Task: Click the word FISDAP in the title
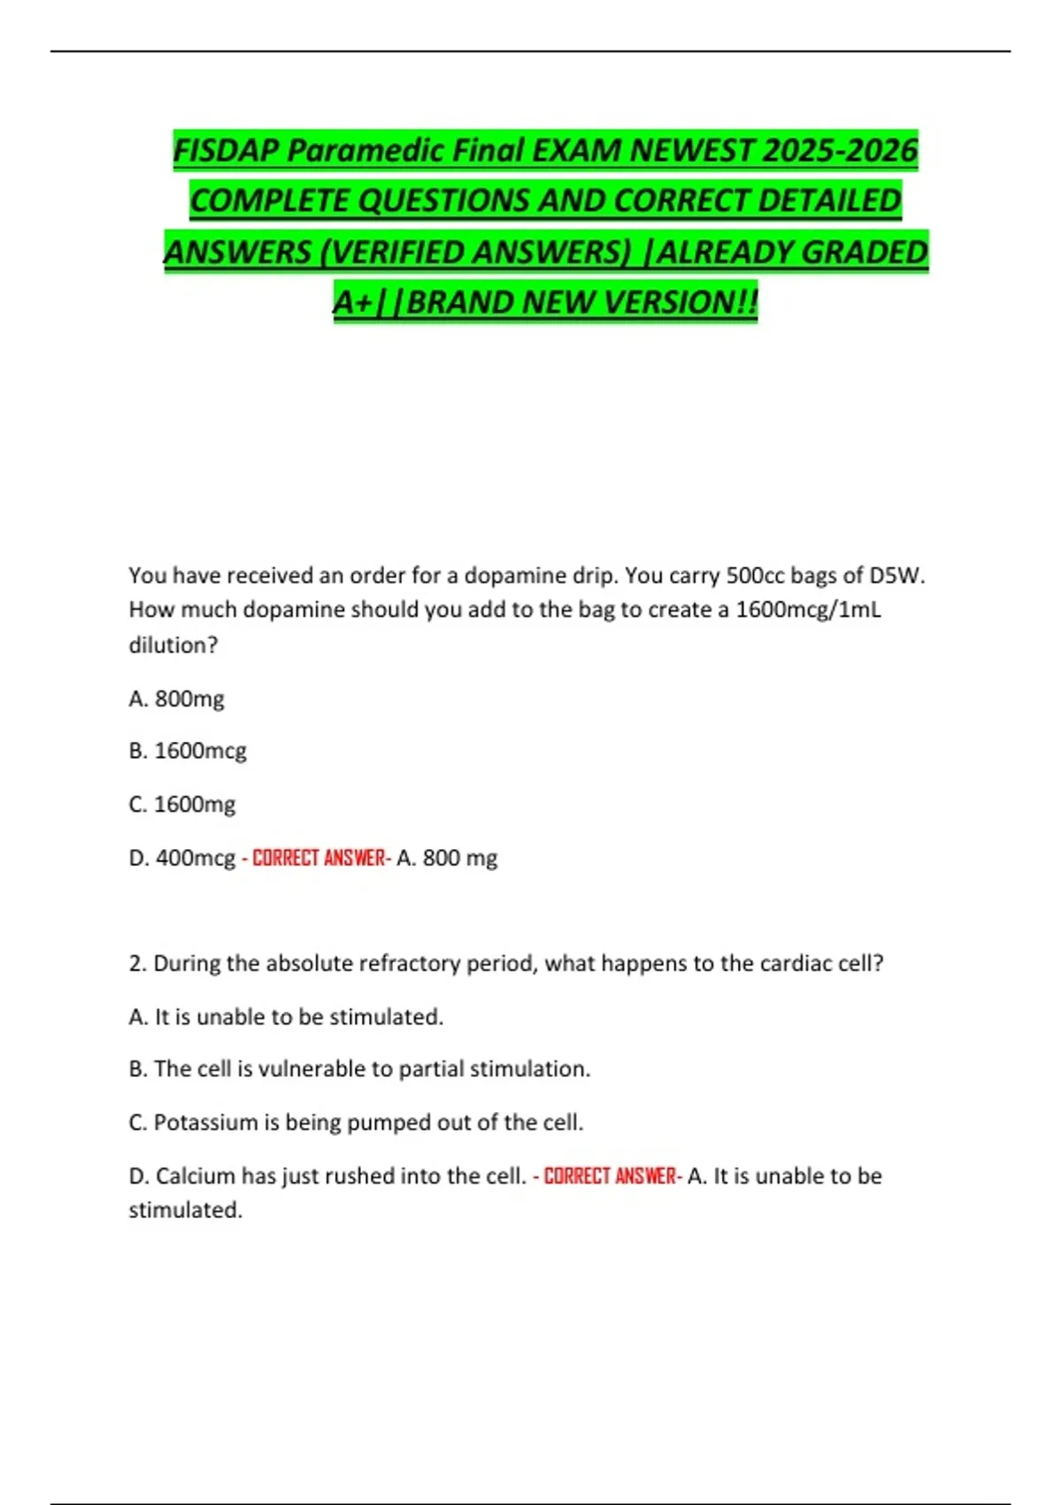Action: pos(226,150)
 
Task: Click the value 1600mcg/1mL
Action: pos(808,610)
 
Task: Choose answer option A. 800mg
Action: pos(176,699)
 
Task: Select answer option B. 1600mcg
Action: pos(187,751)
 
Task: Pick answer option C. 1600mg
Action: pos(181,805)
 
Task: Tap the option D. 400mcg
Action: pos(182,858)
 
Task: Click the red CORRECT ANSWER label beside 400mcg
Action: pos(319,858)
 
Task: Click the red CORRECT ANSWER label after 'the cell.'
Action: pos(611,1176)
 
